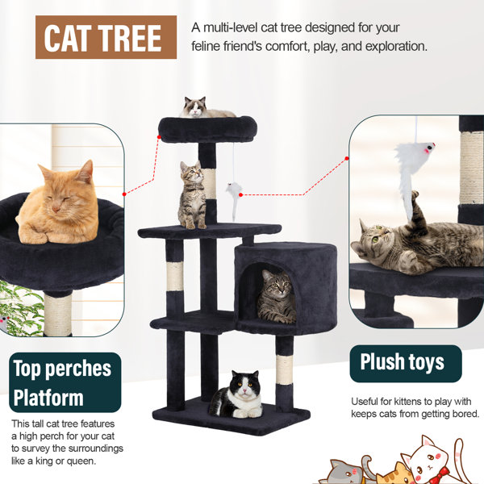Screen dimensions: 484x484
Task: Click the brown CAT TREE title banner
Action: tap(106, 37)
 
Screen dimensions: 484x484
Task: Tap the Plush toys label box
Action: tap(406, 364)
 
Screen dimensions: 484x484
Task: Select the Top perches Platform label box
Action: tap(65, 382)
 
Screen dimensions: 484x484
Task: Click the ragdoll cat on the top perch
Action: tap(207, 108)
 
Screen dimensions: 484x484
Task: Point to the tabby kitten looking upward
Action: tap(192, 195)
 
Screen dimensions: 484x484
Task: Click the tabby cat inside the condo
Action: tap(276, 297)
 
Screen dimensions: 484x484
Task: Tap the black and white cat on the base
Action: tap(238, 395)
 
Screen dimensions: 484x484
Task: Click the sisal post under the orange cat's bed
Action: tap(58, 315)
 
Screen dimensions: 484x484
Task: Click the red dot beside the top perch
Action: tap(159, 137)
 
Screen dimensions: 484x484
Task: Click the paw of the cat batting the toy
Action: tap(415, 195)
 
